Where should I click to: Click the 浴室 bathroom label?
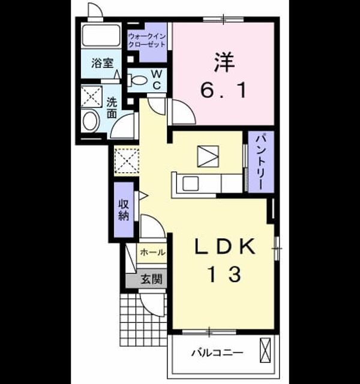click(x=103, y=63)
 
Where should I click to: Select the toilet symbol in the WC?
click(x=137, y=80)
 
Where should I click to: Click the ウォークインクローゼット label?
click(x=147, y=40)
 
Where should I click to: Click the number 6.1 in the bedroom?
click(x=223, y=90)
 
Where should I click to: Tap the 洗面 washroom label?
click(x=112, y=108)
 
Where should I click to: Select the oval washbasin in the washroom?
click(x=91, y=121)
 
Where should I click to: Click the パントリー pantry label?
click(x=260, y=161)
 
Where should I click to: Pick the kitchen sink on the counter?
click(x=191, y=184)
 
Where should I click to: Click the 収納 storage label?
click(x=124, y=209)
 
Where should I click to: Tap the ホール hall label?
click(x=152, y=252)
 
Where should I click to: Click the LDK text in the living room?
click(x=225, y=247)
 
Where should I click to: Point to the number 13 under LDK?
click(x=224, y=275)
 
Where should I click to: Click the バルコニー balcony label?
click(x=217, y=353)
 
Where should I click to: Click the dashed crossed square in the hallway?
click(x=127, y=161)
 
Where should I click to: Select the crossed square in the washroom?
click(x=91, y=97)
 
